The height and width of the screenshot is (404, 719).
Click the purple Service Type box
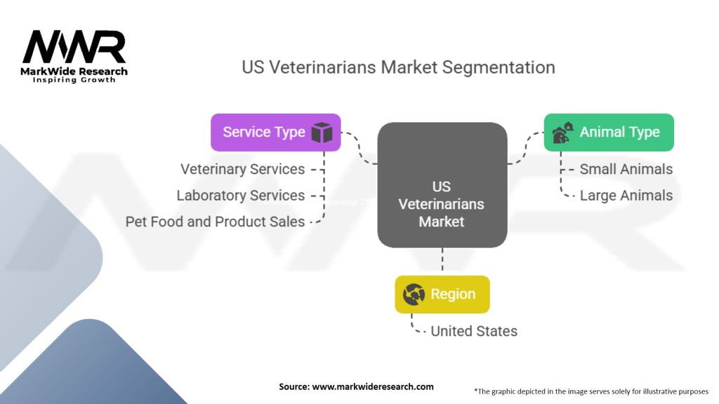[275, 132]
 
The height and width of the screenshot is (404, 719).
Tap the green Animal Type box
[609, 132]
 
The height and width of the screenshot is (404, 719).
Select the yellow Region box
[442, 294]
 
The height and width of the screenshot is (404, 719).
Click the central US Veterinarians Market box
[442, 186]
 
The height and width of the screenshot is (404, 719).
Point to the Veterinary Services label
[242, 169]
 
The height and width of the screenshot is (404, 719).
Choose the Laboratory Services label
[240, 196]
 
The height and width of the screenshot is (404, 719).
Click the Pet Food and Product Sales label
[215, 222]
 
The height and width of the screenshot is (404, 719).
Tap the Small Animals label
[626, 169]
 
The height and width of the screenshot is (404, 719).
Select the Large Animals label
[626, 196]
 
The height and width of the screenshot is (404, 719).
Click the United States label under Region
[473, 331]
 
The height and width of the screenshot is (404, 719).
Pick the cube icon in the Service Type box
[322, 132]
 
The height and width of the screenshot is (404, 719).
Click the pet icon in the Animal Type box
[562, 132]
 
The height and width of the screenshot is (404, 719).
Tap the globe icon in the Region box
[413, 295]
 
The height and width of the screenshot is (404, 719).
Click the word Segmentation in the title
[500, 67]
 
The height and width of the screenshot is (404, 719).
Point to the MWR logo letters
[74, 48]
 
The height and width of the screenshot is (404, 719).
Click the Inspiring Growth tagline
[74, 80]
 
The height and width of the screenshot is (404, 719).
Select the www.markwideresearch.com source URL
[372, 386]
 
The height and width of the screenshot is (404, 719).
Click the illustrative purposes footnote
[591, 391]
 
